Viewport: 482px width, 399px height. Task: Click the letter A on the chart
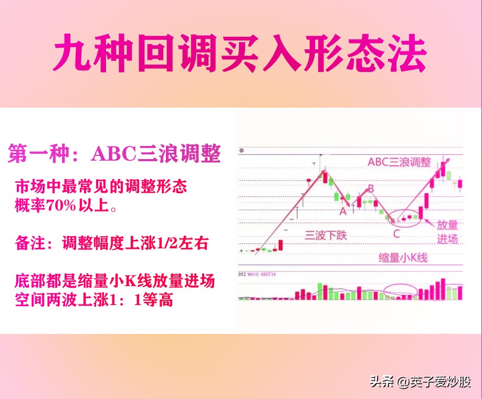pyautogui.click(x=343, y=211)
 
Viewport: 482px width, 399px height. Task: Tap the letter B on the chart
pyautogui.click(x=370, y=188)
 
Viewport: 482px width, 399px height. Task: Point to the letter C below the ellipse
pyautogui.click(x=396, y=234)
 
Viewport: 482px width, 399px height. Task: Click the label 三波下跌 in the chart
pyautogui.click(x=326, y=235)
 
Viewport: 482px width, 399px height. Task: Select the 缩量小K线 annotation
pyautogui.click(x=403, y=258)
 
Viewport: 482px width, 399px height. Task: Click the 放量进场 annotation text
pyautogui.click(x=447, y=232)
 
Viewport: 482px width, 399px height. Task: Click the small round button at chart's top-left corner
pyautogui.click(x=242, y=151)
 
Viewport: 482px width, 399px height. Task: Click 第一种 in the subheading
pyautogui.click(x=39, y=153)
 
